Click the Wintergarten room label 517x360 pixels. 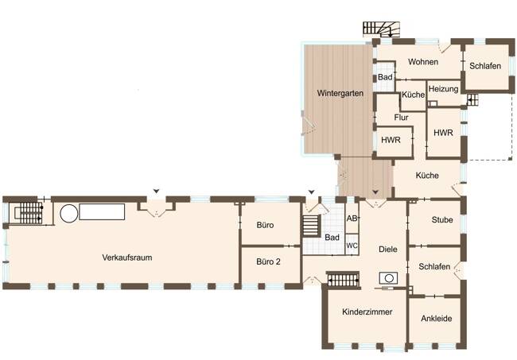click(340, 94)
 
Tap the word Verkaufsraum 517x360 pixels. click(126, 257)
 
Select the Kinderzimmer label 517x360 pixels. click(367, 312)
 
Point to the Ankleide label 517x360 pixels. click(434, 318)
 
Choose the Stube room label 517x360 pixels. click(441, 219)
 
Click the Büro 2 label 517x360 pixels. click(267, 260)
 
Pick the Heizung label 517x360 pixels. click(442, 89)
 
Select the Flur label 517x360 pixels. click(401, 118)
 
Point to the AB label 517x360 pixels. click(352, 219)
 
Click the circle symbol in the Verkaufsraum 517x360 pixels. click(68, 213)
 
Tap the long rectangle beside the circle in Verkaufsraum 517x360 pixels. click(102, 211)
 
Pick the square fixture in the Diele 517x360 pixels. click(389, 278)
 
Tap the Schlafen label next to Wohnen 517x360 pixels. click(484, 66)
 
